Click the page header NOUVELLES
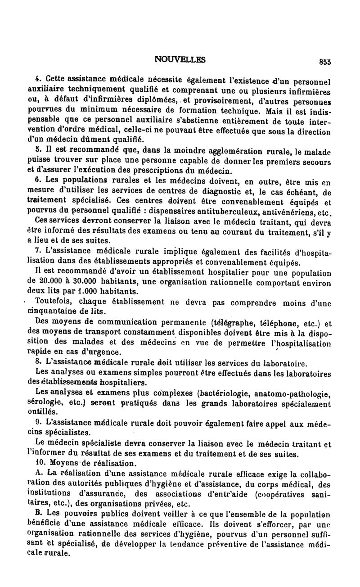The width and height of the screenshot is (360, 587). (180, 59)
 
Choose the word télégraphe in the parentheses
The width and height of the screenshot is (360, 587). (232, 322)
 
